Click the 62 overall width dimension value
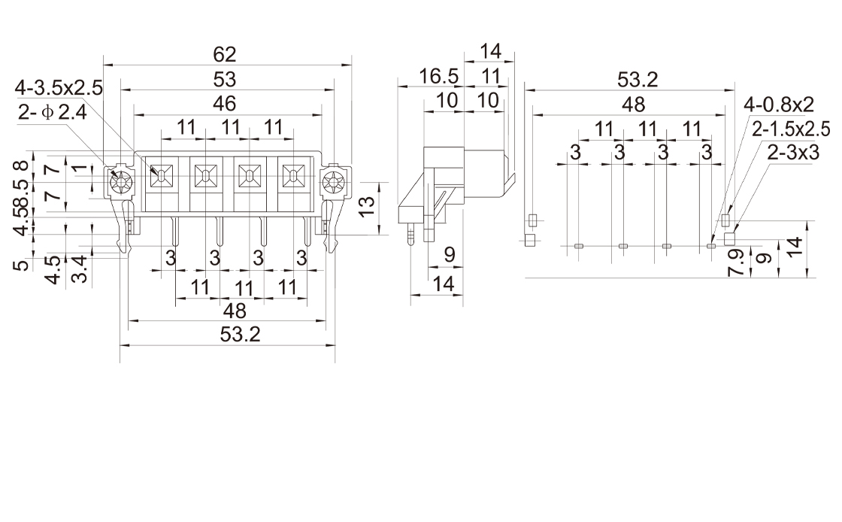(224, 54)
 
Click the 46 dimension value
(224, 103)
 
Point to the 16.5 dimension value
(439, 77)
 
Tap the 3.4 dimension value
(80, 269)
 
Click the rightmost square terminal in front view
(291, 176)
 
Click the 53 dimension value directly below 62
(224, 78)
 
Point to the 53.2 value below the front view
(241, 335)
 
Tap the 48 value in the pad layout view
(634, 104)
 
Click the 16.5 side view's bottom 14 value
(445, 284)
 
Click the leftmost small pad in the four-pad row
(578, 245)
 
